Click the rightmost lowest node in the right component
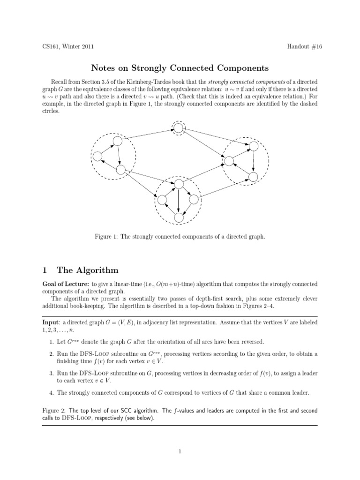[x=253, y=177]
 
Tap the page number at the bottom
[x=180, y=451]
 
